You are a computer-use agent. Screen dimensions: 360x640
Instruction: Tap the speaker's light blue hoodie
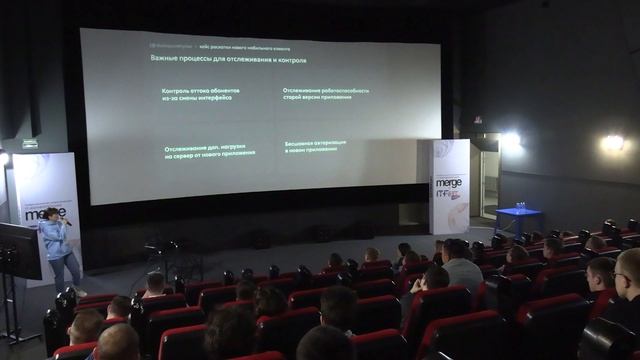click(x=54, y=239)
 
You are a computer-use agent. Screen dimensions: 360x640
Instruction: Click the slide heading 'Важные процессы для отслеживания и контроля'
click(x=228, y=60)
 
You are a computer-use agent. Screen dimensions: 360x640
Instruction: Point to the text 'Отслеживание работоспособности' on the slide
click(x=326, y=93)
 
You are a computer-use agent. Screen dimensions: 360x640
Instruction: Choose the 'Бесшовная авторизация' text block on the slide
click(x=315, y=146)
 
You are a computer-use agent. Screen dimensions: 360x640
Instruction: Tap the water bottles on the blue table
click(x=519, y=205)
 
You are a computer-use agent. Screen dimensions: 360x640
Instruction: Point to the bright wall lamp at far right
click(x=612, y=143)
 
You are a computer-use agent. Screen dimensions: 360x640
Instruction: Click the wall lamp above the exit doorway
click(x=510, y=141)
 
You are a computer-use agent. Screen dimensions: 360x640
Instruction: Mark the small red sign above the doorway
click(x=477, y=120)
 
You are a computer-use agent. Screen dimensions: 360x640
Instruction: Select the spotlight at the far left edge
click(x=3, y=158)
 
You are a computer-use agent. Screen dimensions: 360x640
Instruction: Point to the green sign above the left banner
click(x=30, y=144)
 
